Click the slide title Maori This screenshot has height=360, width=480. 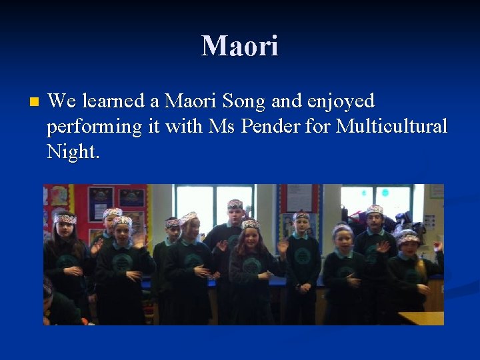coord(240,46)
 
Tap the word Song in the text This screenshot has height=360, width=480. coord(244,102)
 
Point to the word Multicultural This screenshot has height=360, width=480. coord(391,126)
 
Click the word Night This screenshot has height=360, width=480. coord(73,151)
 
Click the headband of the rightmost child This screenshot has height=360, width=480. coord(407,237)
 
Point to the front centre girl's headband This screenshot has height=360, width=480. coord(251,224)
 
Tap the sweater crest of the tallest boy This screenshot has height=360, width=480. coord(234,241)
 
